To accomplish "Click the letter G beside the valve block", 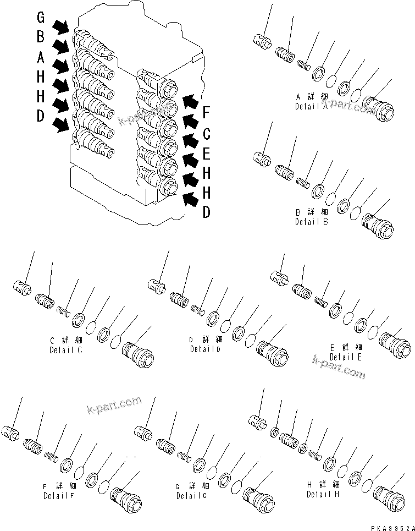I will pos(41,17).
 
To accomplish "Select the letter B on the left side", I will pos(41,36).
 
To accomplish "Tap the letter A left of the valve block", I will pos(41,56).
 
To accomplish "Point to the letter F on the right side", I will pos(207,113).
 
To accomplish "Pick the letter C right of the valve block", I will pos(207,133).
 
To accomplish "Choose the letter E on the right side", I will pos(207,153).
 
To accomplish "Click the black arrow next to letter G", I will pos(61,26).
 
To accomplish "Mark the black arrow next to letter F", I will pos(190,101).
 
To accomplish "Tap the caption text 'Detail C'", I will pos(65,350).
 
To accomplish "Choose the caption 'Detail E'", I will pos(346,357).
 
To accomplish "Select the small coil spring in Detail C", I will pos(65,311).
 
